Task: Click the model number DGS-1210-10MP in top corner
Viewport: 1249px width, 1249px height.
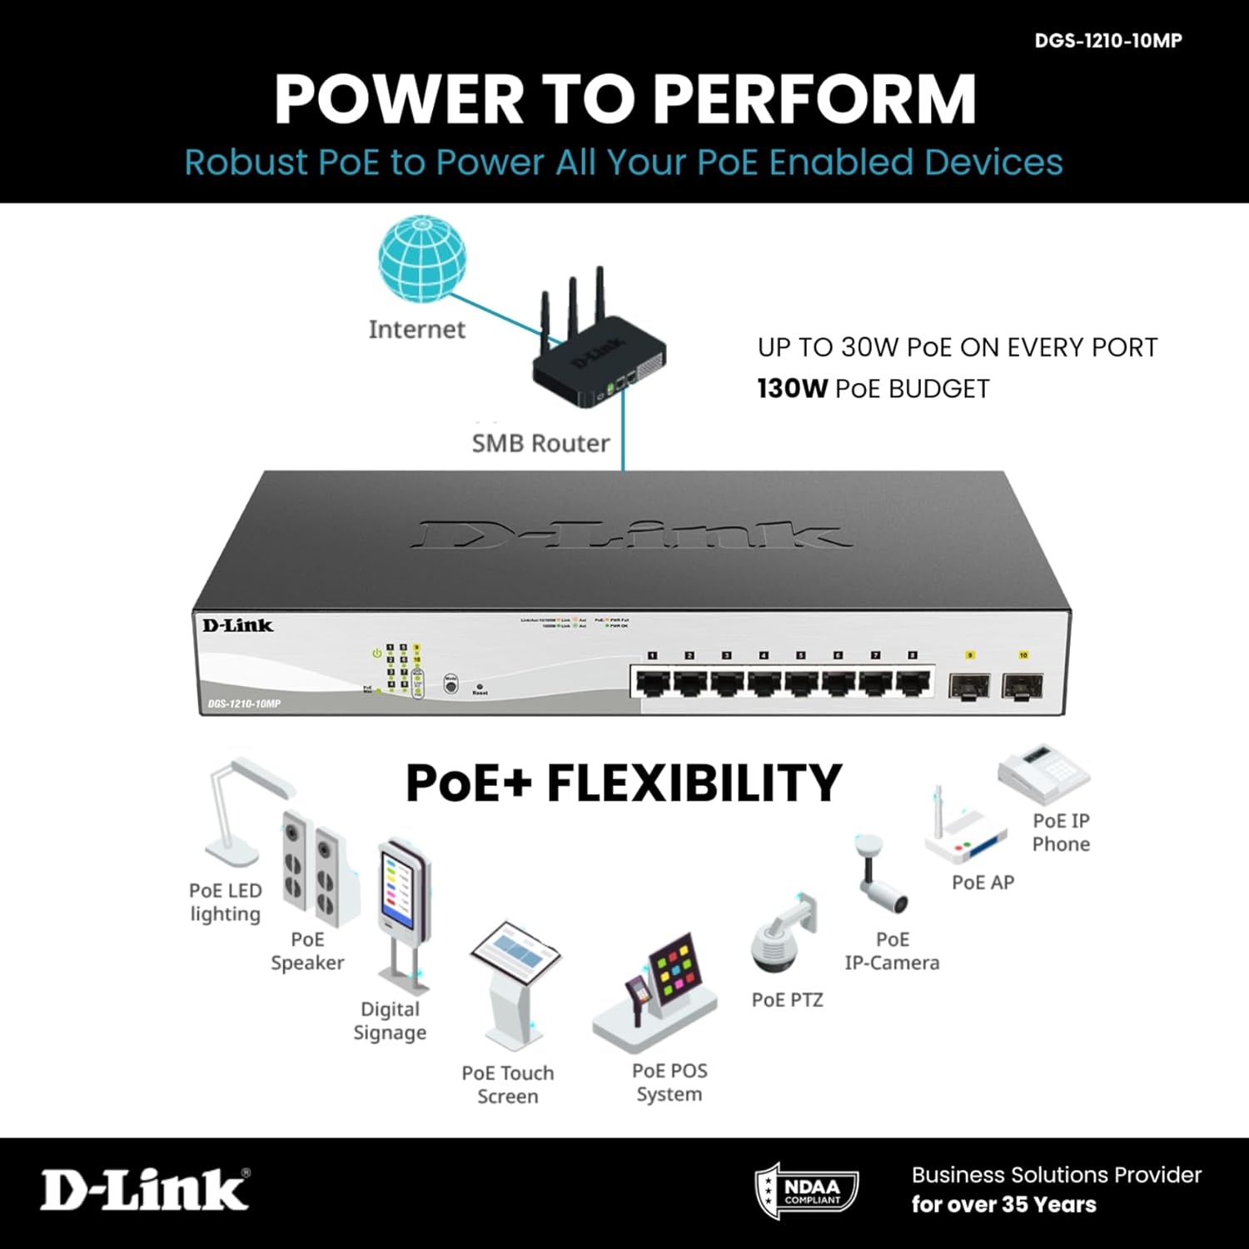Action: (1107, 41)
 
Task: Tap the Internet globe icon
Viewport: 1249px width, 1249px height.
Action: (422, 259)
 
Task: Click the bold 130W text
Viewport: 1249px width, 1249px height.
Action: (792, 389)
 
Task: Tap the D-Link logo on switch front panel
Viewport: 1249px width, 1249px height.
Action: (237, 625)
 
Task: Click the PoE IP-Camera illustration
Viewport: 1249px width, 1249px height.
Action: (880, 874)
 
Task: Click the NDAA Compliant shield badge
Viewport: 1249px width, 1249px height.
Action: (806, 1191)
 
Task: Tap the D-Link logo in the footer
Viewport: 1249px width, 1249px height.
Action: (145, 1188)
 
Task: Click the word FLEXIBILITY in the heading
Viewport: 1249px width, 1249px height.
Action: (694, 784)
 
